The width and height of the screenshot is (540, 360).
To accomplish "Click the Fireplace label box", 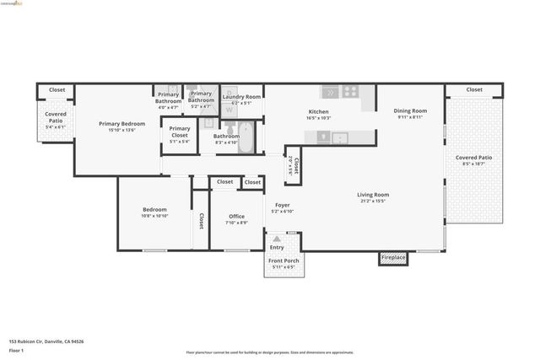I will [x=393, y=258].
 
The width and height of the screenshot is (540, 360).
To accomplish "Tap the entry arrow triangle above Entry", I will [x=276, y=239].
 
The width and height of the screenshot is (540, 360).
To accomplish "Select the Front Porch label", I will [x=283, y=261].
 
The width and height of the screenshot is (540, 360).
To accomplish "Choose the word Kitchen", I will [x=318, y=112].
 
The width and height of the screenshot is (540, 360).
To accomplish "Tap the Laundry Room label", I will [x=241, y=97].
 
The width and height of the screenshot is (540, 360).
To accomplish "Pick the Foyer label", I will [x=282, y=205].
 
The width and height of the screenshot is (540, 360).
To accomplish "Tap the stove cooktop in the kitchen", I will [x=350, y=92].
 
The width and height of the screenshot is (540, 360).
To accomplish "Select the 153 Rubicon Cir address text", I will [x=46, y=341].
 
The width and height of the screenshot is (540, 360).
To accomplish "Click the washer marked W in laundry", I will [x=229, y=110].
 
